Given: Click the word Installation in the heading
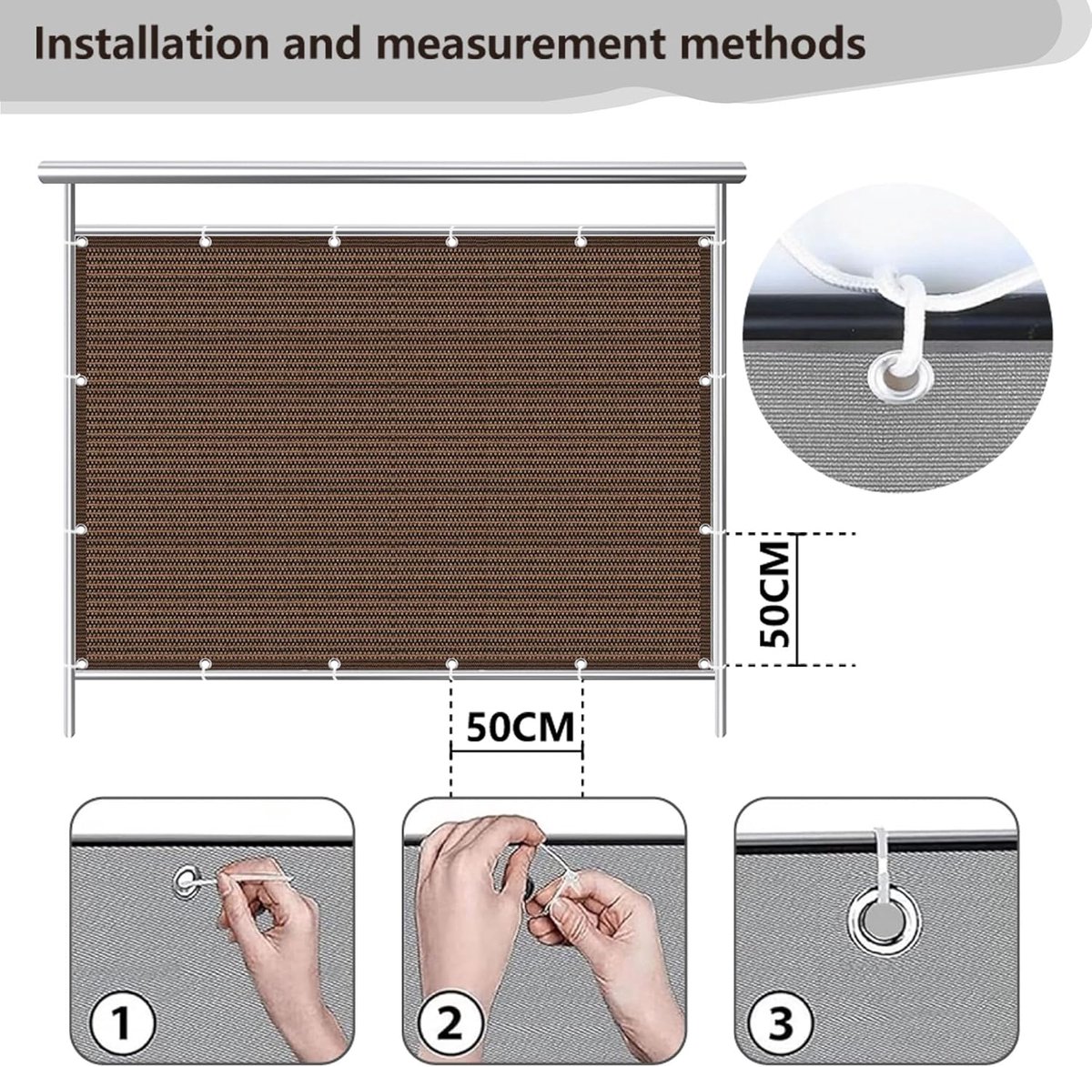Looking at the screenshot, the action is [x=151, y=44].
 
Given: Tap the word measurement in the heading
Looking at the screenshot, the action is [x=521, y=45].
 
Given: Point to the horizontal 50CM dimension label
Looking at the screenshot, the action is [x=521, y=729].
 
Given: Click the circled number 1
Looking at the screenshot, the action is [x=122, y=1023].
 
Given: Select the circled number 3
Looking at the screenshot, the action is [x=780, y=1023].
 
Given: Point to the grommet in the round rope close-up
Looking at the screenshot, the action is [x=899, y=375].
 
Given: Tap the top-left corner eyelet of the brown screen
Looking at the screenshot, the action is [x=82, y=242].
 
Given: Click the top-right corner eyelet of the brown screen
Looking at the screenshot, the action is [x=703, y=242].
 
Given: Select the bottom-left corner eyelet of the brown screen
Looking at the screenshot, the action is [x=82, y=664].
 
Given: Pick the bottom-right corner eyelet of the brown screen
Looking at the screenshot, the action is [x=703, y=664].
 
